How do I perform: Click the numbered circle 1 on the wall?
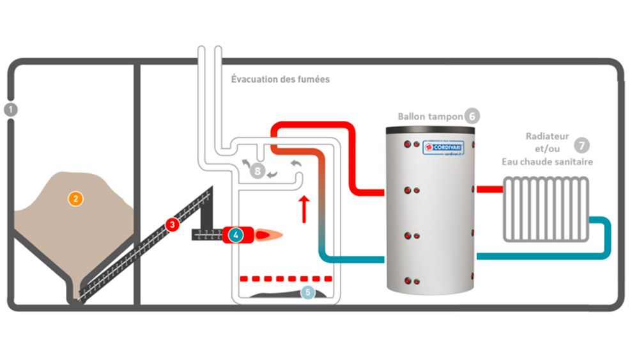[x=10, y=109]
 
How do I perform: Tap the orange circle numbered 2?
[x=76, y=199]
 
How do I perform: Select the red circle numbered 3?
[x=171, y=224]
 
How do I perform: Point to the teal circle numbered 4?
[x=236, y=235]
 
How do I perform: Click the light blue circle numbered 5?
[x=308, y=292]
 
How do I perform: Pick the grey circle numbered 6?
[x=472, y=116]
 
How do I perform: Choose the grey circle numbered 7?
[x=582, y=145]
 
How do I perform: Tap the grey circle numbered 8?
[x=257, y=171]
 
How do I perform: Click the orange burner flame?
[x=268, y=235]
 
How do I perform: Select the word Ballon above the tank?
[x=414, y=117]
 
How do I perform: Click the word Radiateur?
[x=547, y=136]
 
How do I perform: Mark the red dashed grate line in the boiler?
[x=285, y=279]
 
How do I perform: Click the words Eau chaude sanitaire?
[x=547, y=162]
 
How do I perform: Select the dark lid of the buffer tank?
[x=430, y=130]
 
